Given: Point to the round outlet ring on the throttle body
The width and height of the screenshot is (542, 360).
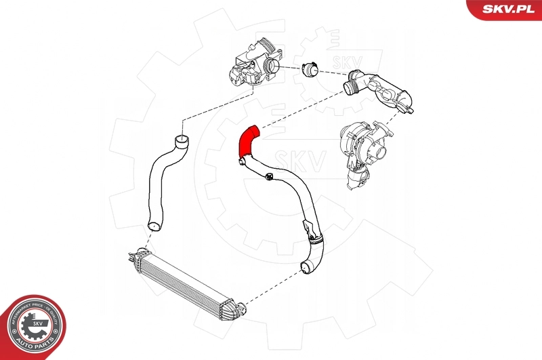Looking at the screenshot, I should coord(272,66).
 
